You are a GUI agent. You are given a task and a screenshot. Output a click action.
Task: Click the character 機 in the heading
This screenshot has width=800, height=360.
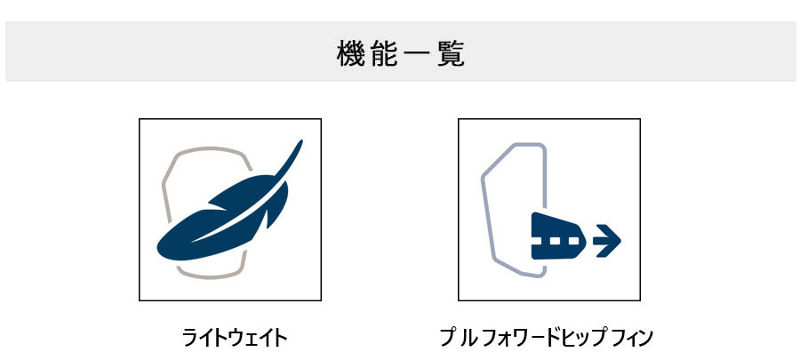pos(351,53)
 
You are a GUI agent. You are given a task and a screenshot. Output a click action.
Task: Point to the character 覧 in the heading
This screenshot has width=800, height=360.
pos(451,53)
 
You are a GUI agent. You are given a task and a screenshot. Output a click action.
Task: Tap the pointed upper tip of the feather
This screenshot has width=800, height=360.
pos(301,140)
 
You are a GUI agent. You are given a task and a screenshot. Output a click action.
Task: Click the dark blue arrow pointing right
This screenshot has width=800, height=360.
pos(606,240)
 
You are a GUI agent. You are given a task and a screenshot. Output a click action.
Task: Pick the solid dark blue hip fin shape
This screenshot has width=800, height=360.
pos(557,236)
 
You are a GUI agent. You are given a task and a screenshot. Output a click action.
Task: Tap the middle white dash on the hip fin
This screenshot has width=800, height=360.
pos(557,240)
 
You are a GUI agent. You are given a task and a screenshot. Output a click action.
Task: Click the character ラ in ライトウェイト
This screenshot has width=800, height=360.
pos(191,338)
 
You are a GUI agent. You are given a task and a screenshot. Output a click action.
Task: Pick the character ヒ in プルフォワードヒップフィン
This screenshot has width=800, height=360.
pos(569,338)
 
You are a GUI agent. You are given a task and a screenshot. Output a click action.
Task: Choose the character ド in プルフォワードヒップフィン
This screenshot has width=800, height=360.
pos(553,338)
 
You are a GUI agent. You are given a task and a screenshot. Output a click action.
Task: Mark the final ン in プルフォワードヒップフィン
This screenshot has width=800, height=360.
pos(644,338)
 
